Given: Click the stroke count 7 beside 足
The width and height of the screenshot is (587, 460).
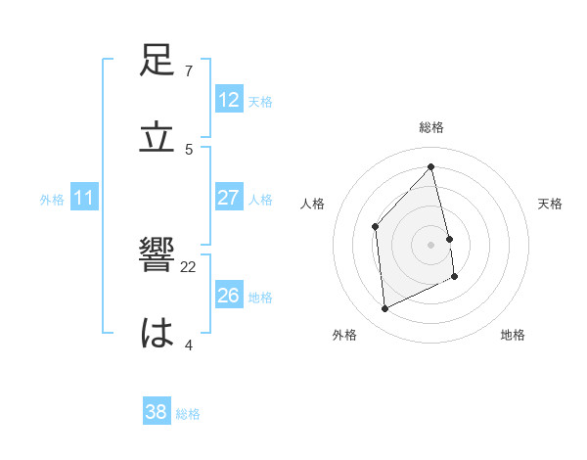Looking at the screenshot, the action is [189, 71].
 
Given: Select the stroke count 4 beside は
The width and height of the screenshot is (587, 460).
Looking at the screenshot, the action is [189, 344].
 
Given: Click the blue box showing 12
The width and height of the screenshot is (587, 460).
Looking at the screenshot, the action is [229, 100].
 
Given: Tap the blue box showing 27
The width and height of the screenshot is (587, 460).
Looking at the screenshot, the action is [229, 198].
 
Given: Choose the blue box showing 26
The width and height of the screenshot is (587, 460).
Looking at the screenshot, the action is [229, 295].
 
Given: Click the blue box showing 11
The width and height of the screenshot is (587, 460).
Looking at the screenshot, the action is [84, 198].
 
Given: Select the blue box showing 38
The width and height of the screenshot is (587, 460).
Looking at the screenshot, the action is [157, 412].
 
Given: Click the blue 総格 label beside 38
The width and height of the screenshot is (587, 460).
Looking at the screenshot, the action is [188, 414].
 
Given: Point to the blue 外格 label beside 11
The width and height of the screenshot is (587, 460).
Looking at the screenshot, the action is [52, 200].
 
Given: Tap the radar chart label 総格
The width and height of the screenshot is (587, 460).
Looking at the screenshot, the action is [431, 127].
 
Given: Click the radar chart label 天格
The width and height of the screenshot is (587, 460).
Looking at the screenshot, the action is [551, 204].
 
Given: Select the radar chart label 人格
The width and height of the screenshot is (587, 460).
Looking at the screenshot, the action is [313, 204].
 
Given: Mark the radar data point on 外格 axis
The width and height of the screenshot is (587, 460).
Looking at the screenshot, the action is [384, 309].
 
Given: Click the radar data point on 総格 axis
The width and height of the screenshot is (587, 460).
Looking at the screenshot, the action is [431, 167].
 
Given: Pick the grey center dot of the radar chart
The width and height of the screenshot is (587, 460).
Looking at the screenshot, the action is [431, 244].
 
